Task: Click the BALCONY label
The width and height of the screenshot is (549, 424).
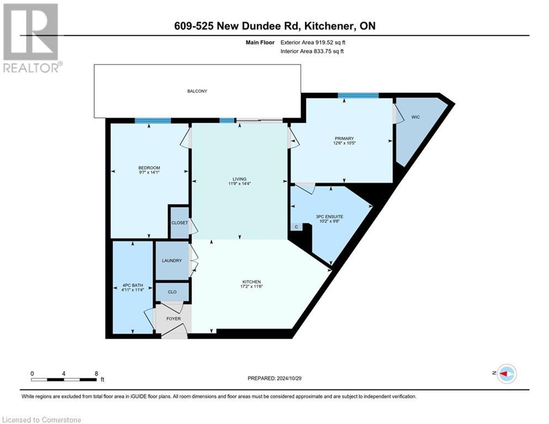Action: [x=197, y=91]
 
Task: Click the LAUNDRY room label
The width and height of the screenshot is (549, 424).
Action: [x=172, y=261]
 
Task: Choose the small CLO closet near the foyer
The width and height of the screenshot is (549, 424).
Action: [x=172, y=291]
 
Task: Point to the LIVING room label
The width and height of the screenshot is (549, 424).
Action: [x=239, y=178]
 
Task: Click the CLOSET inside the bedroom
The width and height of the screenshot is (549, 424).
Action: [x=178, y=223]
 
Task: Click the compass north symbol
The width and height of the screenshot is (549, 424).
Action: [x=506, y=374]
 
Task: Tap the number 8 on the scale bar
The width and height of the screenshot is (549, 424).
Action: [x=96, y=373]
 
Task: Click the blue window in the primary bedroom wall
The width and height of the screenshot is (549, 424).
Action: [x=358, y=96]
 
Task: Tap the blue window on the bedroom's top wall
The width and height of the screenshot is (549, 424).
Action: [x=153, y=120]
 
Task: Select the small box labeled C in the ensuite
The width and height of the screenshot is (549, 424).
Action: [x=296, y=227]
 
